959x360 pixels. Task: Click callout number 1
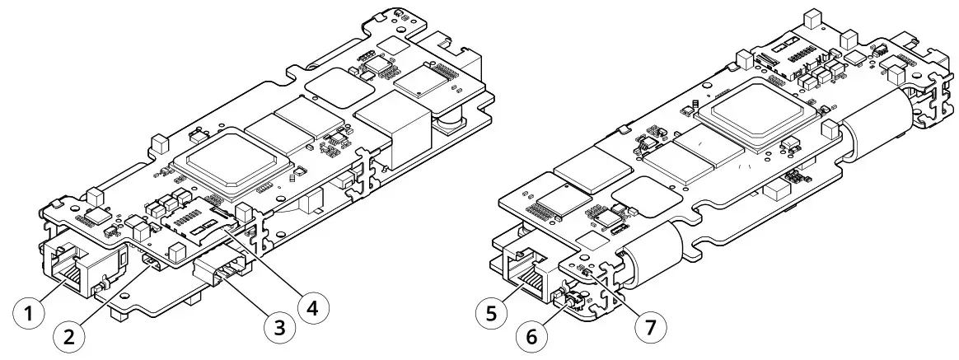[30, 313]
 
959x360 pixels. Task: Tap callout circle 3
[278, 327]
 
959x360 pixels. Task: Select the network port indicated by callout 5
[524, 268]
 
